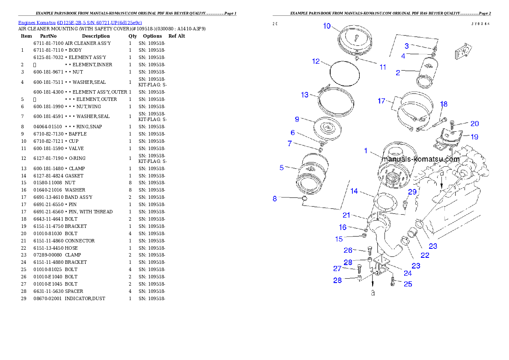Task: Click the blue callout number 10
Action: [x=327, y=26]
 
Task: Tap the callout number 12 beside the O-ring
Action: [x=316, y=61]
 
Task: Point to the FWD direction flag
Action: [x=462, y=52]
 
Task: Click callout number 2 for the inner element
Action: [x=398, y=73]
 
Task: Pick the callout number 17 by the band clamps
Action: [x=381, y=101]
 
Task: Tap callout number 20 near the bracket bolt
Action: [x=474, y=124]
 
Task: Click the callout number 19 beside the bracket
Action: [x=474, y=137]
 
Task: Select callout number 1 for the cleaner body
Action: [x=366, y=150]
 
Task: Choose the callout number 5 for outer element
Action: [x=281, y=168]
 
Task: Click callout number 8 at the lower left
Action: [x=275, y=198]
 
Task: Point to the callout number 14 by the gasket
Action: [x=354, y=191]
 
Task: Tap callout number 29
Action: [x=412, y=192]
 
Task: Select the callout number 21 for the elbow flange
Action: [x=346, y=215]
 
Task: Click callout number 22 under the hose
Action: [x=424, y=255]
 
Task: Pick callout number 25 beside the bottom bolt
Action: [x=408, y=283]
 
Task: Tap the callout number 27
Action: [x=337, y=269]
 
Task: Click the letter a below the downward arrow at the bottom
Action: [x=373, y=293]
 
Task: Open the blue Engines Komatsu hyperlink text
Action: [x=80, y=23]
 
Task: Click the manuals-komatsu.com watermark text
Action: [x=420, y=159]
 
